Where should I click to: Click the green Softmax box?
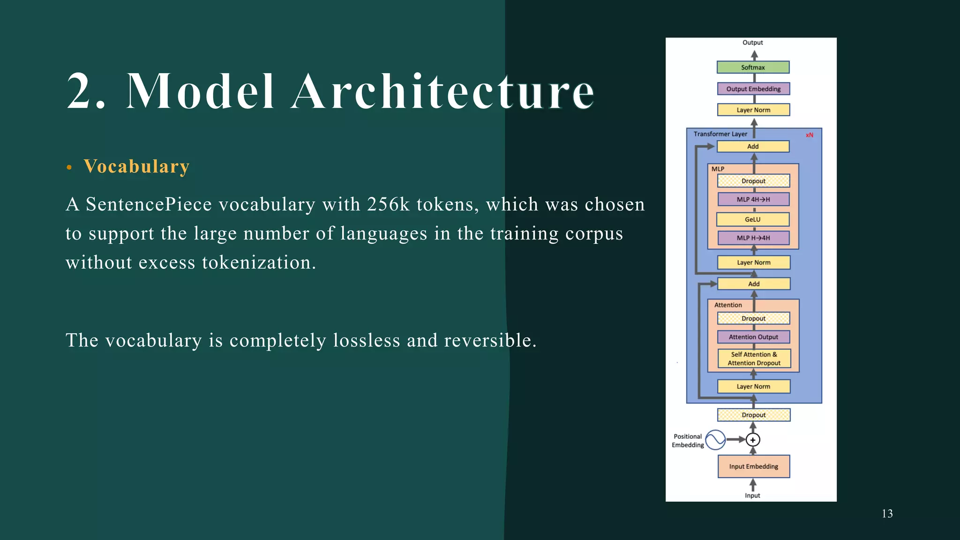[753, 67]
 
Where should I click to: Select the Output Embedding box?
[753, 89]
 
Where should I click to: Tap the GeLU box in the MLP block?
[753, 219]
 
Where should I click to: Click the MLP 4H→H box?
[753, 200]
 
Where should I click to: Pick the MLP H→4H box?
[753, 238]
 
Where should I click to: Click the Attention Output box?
[753, 337]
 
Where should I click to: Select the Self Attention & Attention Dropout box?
[754, 359]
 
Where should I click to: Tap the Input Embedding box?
[753, 466]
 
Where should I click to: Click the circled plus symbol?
[753, 440]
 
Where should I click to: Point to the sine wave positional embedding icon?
[715, 440]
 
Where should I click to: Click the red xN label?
[810, 135]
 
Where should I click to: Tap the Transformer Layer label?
[720, 134]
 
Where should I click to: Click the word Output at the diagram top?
[752, 43]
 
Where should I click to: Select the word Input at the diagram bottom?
[752, 495]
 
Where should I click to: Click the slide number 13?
[887, 514]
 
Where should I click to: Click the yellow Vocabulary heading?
[136, 166]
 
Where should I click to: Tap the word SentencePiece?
[149, 205]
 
